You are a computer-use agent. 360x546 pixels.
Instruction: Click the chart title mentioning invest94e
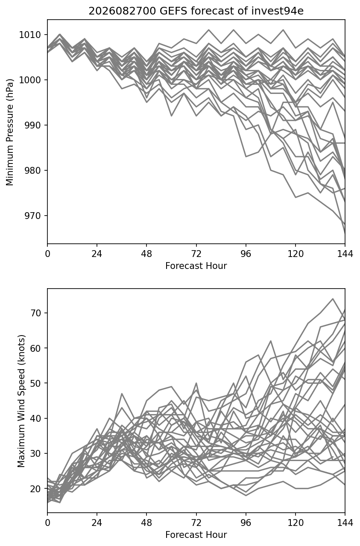click(x=196, y=11)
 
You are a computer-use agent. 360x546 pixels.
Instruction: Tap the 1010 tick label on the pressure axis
click(x=30, y=35)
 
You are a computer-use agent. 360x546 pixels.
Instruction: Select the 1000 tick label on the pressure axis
click(x=30, y=80)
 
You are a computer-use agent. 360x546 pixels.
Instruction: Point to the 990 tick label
click(x=32, y=125)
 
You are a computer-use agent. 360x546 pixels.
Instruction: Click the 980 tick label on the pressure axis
click(x=32, y=170)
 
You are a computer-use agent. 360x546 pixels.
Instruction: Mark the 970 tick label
click(x=32, y=216)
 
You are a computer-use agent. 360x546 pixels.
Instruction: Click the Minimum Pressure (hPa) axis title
click(x=10, y=132)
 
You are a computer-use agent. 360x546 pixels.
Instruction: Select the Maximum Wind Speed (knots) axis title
click(x=21, y=401)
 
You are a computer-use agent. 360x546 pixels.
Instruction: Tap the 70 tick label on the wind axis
click(x=35, y=313)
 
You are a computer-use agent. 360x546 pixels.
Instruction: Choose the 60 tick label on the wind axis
click(x=35, y=348)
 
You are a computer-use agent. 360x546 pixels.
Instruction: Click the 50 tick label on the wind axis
click(x=35, y=383)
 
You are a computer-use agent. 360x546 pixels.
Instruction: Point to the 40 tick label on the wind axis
click(x=35, y=418)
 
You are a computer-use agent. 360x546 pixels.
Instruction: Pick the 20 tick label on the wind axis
click(x=35, y=488)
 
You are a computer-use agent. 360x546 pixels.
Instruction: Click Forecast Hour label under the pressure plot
click(x=196, y=266)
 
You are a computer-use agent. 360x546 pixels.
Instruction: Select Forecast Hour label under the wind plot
click(x=196, y=535)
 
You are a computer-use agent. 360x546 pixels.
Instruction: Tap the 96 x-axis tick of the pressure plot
click(x=246, y=254)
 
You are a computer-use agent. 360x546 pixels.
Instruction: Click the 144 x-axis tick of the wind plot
click(x=345, y=523)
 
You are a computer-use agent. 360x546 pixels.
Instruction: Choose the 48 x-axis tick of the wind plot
click(x=146, y=523)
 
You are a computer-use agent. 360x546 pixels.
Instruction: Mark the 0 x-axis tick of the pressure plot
click(x=47, y=254)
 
